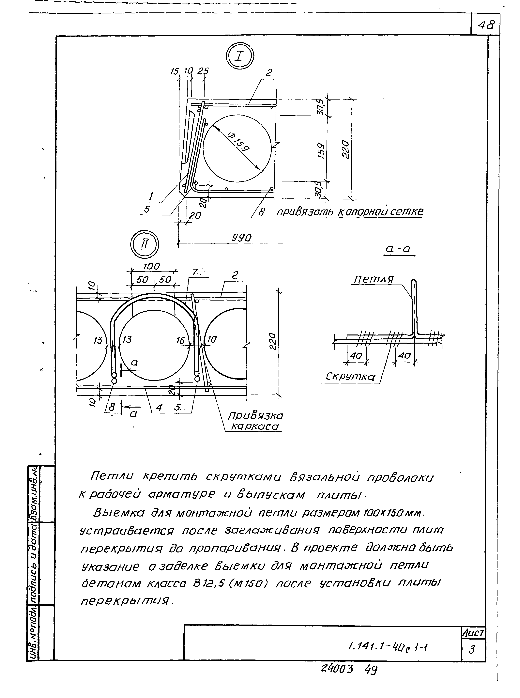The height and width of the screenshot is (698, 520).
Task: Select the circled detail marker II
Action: click(145, 244)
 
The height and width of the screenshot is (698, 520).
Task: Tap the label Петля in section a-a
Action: click(374, 279)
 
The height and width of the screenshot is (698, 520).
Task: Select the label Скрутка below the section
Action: click(350, 377)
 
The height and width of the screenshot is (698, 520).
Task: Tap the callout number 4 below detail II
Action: click(159, 408)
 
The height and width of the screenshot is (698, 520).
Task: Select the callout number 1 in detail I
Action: click(151, 197)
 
